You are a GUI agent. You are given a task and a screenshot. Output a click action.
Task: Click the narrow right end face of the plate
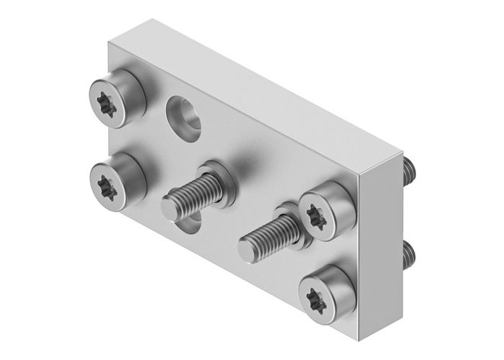click(384, 238)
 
